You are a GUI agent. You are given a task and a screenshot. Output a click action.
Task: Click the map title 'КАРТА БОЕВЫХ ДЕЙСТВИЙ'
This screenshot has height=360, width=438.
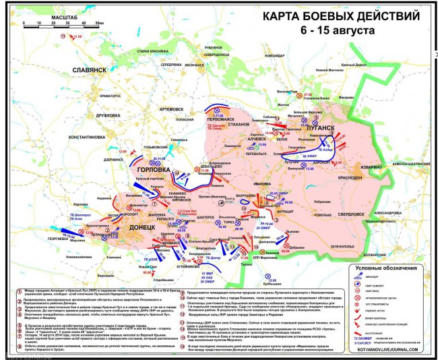[x=335, y=14]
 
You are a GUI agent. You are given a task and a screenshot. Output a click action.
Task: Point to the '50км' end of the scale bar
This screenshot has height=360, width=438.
[x=99, y=23]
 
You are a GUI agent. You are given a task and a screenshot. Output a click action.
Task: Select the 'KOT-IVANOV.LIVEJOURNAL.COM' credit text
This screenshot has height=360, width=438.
[x=395, y=350]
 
